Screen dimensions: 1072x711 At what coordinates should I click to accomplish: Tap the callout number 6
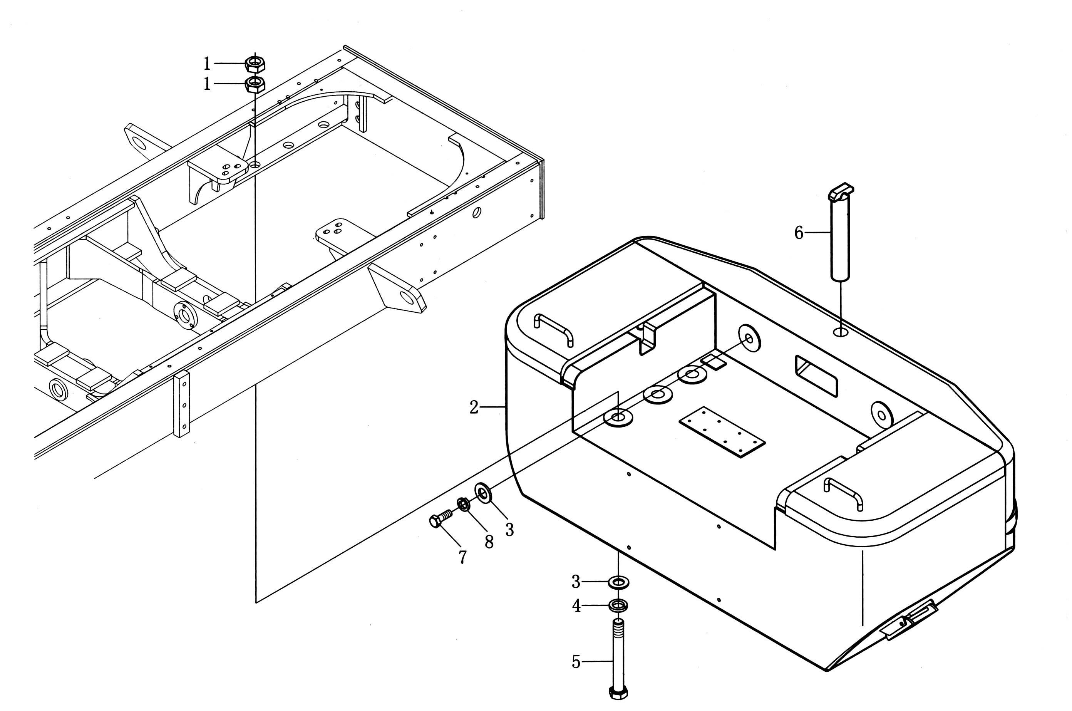point(799,233)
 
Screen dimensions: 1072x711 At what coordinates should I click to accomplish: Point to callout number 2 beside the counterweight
point(474,407)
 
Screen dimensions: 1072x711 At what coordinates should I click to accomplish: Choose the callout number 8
point(489,542)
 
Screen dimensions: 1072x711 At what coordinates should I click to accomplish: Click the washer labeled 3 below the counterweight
point(618,581)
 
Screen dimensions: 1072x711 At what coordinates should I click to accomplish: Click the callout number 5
point(576,662)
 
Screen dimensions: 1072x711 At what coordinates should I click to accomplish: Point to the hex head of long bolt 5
point(618,693)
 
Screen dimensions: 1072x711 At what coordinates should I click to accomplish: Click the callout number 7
point(462,557)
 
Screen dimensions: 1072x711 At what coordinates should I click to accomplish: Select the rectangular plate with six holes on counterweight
point(722,432)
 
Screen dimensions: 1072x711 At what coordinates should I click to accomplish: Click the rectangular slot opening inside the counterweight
point(816,376)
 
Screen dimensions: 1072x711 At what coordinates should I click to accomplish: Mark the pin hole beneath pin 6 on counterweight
point(840,333)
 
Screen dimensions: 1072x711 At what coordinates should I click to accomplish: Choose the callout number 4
point(576,606)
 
